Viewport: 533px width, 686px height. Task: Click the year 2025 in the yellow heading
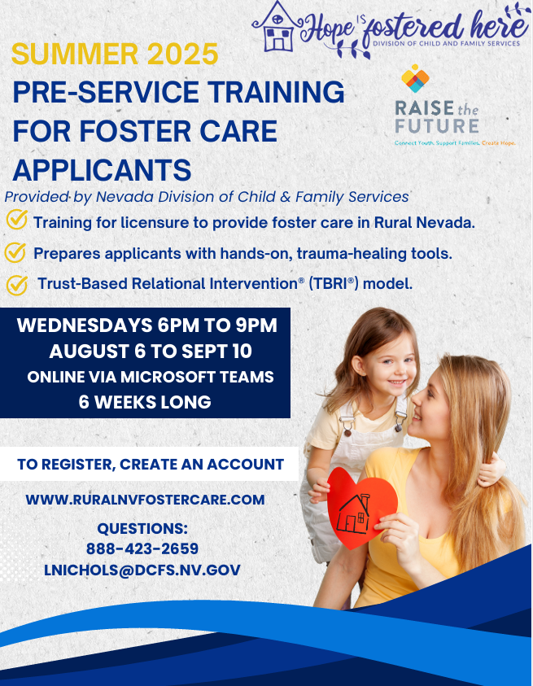(x=183, y=54)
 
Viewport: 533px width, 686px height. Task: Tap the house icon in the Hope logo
(x=277, y=26)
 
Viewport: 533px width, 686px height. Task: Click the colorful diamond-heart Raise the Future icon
(x=415, y=78)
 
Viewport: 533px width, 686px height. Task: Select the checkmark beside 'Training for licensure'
(x=17, y=219)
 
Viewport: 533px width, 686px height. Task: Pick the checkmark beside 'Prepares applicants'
(x=15, y=252)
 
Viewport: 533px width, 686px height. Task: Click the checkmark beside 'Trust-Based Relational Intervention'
(x=17, y=285)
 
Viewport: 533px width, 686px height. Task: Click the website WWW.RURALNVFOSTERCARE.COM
(x=146, y=500)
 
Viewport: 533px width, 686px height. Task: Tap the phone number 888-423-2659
(x=142, y=548)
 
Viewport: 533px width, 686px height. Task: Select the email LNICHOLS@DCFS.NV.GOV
(x=142, y=570)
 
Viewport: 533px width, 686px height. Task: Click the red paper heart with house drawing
(x=361, y=508)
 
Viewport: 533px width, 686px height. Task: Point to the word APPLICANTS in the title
(x=102, y=170)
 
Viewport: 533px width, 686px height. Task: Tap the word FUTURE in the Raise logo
(x=437, y=126)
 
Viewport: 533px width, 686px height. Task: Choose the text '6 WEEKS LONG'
(x=145, y=402)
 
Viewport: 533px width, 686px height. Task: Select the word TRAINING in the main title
(x=276, y=92)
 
